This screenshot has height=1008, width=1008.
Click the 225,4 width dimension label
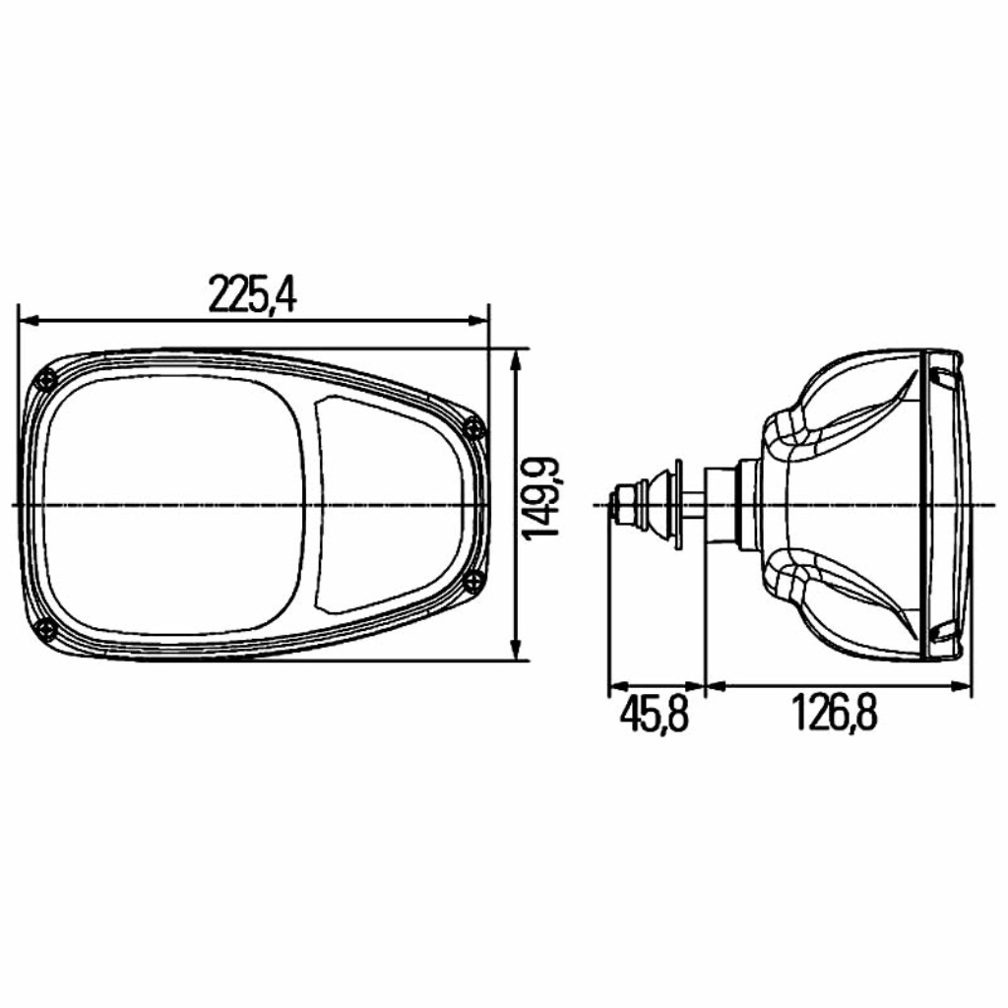point(253,293)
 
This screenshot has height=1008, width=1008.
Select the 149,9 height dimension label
point(540,498)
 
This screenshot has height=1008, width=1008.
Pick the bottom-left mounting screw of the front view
point(47,628)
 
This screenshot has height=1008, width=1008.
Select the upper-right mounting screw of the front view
point(473,427)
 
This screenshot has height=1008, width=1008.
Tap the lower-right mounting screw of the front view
point(473,581)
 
